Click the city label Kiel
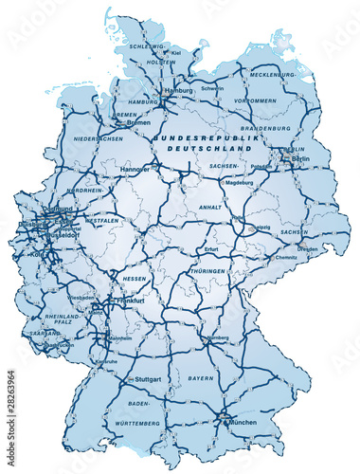pyautogui.click(x=177, y=54)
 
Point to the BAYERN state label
pyautogui.click(x=201, y=379)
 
